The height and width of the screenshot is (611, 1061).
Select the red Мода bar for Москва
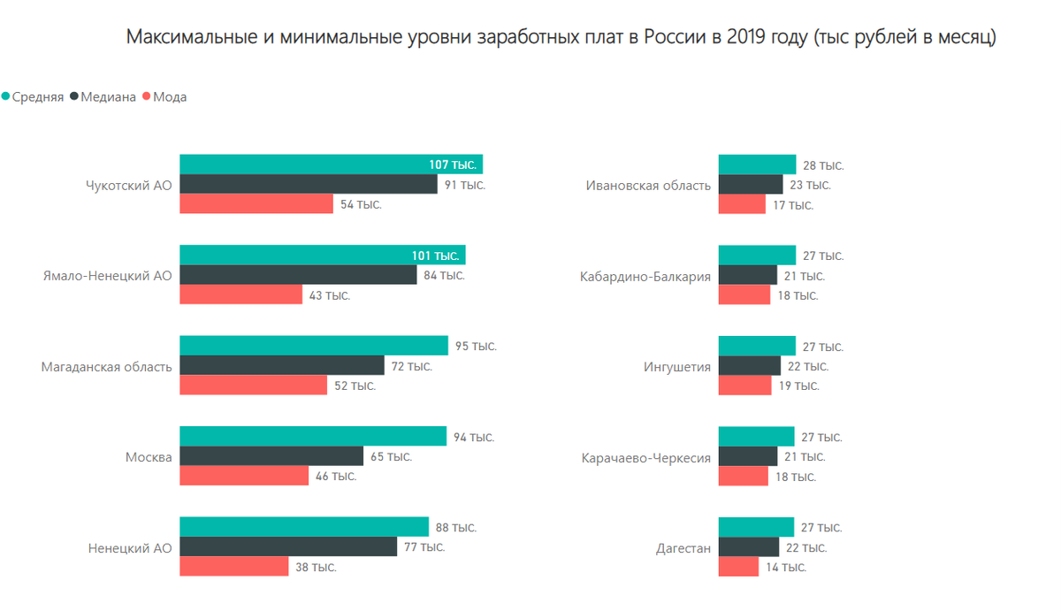click(244, 476)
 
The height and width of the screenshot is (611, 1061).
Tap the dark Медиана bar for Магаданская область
click(282, 365)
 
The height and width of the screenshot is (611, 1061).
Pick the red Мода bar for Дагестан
click(738, 567)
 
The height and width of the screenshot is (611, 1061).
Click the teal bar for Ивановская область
click(757, 164)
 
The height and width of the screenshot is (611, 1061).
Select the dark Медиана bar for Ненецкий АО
click(288, 546)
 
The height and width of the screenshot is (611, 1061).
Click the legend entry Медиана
click(108, 97)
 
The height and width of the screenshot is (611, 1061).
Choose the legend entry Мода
click(169, 97)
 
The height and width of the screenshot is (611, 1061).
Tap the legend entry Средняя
click(37, 97)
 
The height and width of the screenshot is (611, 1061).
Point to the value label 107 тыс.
click(453, 165)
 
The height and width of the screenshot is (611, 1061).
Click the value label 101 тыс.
click(435, 256)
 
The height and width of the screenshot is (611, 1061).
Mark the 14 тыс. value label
click(786, 568)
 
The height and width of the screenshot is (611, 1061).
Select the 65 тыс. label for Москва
click(391, 457)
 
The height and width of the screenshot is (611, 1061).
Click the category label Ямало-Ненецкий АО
click(107, 276)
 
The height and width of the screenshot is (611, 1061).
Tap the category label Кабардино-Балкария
click(645, 276)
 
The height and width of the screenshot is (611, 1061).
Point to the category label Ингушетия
click(677, 366)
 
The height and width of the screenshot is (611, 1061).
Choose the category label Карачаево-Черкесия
click(646, 458)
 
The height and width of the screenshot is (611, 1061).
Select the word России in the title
click(673, 37)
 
